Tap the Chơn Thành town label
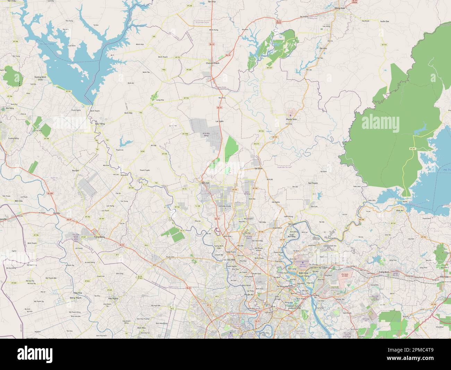(213, 63)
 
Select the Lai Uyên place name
(219, 121)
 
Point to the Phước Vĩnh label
(291, 119)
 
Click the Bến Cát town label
(205, 183)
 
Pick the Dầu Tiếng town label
(100, 124)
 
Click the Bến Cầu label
(19, 201)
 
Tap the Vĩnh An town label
(400, 211)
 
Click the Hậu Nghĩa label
(113, 298)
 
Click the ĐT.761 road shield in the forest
(412, 149)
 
